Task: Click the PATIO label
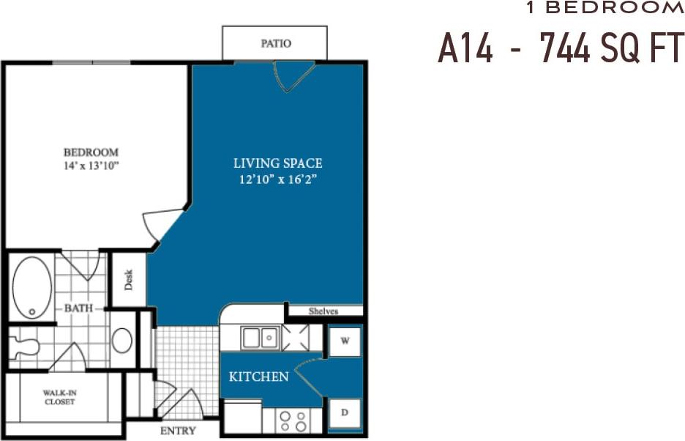(276, 44)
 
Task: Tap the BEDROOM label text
(91, 152)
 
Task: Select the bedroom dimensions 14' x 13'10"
(91, 166)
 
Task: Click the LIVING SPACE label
(277, 163)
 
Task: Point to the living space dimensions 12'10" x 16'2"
(277, 179)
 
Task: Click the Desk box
(129, 279)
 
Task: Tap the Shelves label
(323, 311)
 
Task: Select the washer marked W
(344, 341)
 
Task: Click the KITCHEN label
(258, 377)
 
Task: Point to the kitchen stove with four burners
(292, 420)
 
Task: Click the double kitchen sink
(260, 338)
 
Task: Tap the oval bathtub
(32, 287)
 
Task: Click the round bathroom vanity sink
(122, 341)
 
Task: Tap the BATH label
(78, 308)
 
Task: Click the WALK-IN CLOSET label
(59, 397)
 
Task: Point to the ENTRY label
(178, 431)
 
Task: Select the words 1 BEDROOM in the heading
(604, 8)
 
